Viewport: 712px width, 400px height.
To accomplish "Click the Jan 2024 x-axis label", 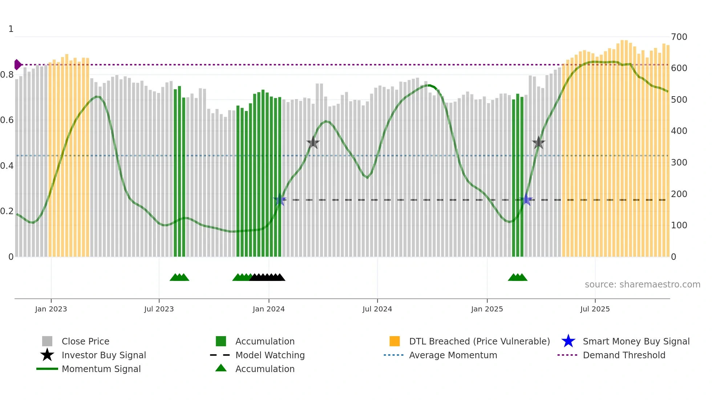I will pos(268,309).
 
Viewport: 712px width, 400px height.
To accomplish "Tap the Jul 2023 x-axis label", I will pos(159,309).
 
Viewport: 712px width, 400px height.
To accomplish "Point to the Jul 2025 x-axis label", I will pos(595,309).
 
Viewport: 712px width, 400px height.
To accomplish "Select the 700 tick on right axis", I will pos(679,37).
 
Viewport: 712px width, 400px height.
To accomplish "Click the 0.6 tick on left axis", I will pos(7,120).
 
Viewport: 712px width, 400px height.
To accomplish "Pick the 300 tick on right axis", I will pos(679,163).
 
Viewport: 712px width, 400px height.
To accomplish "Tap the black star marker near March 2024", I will pos(313,143).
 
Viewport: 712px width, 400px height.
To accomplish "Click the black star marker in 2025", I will pos(538,143).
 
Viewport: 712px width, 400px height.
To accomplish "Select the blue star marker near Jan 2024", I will pos(279,200).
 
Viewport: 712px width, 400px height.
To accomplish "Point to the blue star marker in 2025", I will pos(526,200).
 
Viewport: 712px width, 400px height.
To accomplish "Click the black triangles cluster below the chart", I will pos(267,277).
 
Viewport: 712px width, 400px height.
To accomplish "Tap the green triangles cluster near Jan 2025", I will pos(517,277).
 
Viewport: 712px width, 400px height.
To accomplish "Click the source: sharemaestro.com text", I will pos(642,285).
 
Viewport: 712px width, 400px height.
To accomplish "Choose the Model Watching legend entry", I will pos(270,355).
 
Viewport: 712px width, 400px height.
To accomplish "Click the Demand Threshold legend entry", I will pos(624,355).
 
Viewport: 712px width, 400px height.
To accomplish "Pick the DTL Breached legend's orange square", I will pos(395,341).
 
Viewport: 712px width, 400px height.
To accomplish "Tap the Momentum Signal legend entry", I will pos(101,369).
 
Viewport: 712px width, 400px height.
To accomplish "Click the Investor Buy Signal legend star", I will pos(47,355).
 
